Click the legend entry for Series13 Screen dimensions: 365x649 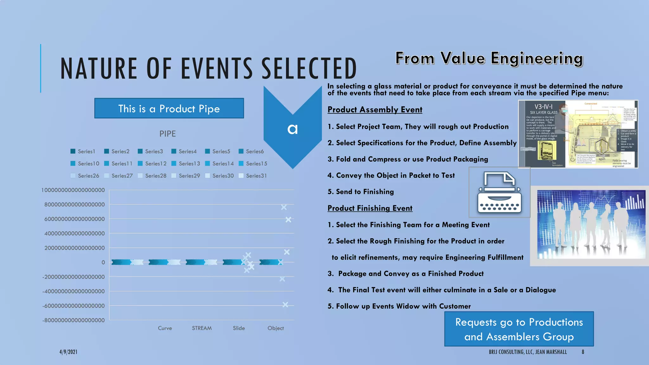click(186, 163)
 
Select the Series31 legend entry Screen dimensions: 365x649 click(253, 176)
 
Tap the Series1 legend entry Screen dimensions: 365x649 click(83, 151)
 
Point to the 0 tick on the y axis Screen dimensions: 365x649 click(103, 262)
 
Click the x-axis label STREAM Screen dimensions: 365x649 click(202, 328)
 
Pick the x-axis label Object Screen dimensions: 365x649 click(276, 328)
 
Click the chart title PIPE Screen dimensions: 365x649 click(168, 134)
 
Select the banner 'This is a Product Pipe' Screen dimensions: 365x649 click(169, 108)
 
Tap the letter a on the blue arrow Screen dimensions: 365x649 click(292, 129)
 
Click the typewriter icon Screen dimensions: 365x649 click(499, 192)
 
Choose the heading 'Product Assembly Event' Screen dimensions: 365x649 click(375, 110)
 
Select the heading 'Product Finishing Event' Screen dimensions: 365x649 click(370, 208)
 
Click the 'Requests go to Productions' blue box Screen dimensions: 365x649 click(519, 329)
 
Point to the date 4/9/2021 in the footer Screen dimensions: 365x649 click(68, 352)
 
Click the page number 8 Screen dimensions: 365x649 click(583, 352)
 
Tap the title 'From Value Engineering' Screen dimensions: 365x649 click(489, 59)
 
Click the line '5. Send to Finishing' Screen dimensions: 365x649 click(361, 192)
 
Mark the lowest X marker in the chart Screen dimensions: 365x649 click(285, 304)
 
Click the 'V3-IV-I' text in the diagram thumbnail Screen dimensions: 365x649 click(543, 107)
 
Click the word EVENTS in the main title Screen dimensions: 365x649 click(217, 68)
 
